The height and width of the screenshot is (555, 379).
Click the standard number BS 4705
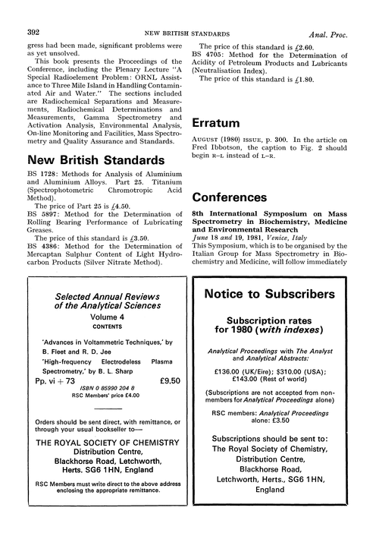(x=207, y=55)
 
